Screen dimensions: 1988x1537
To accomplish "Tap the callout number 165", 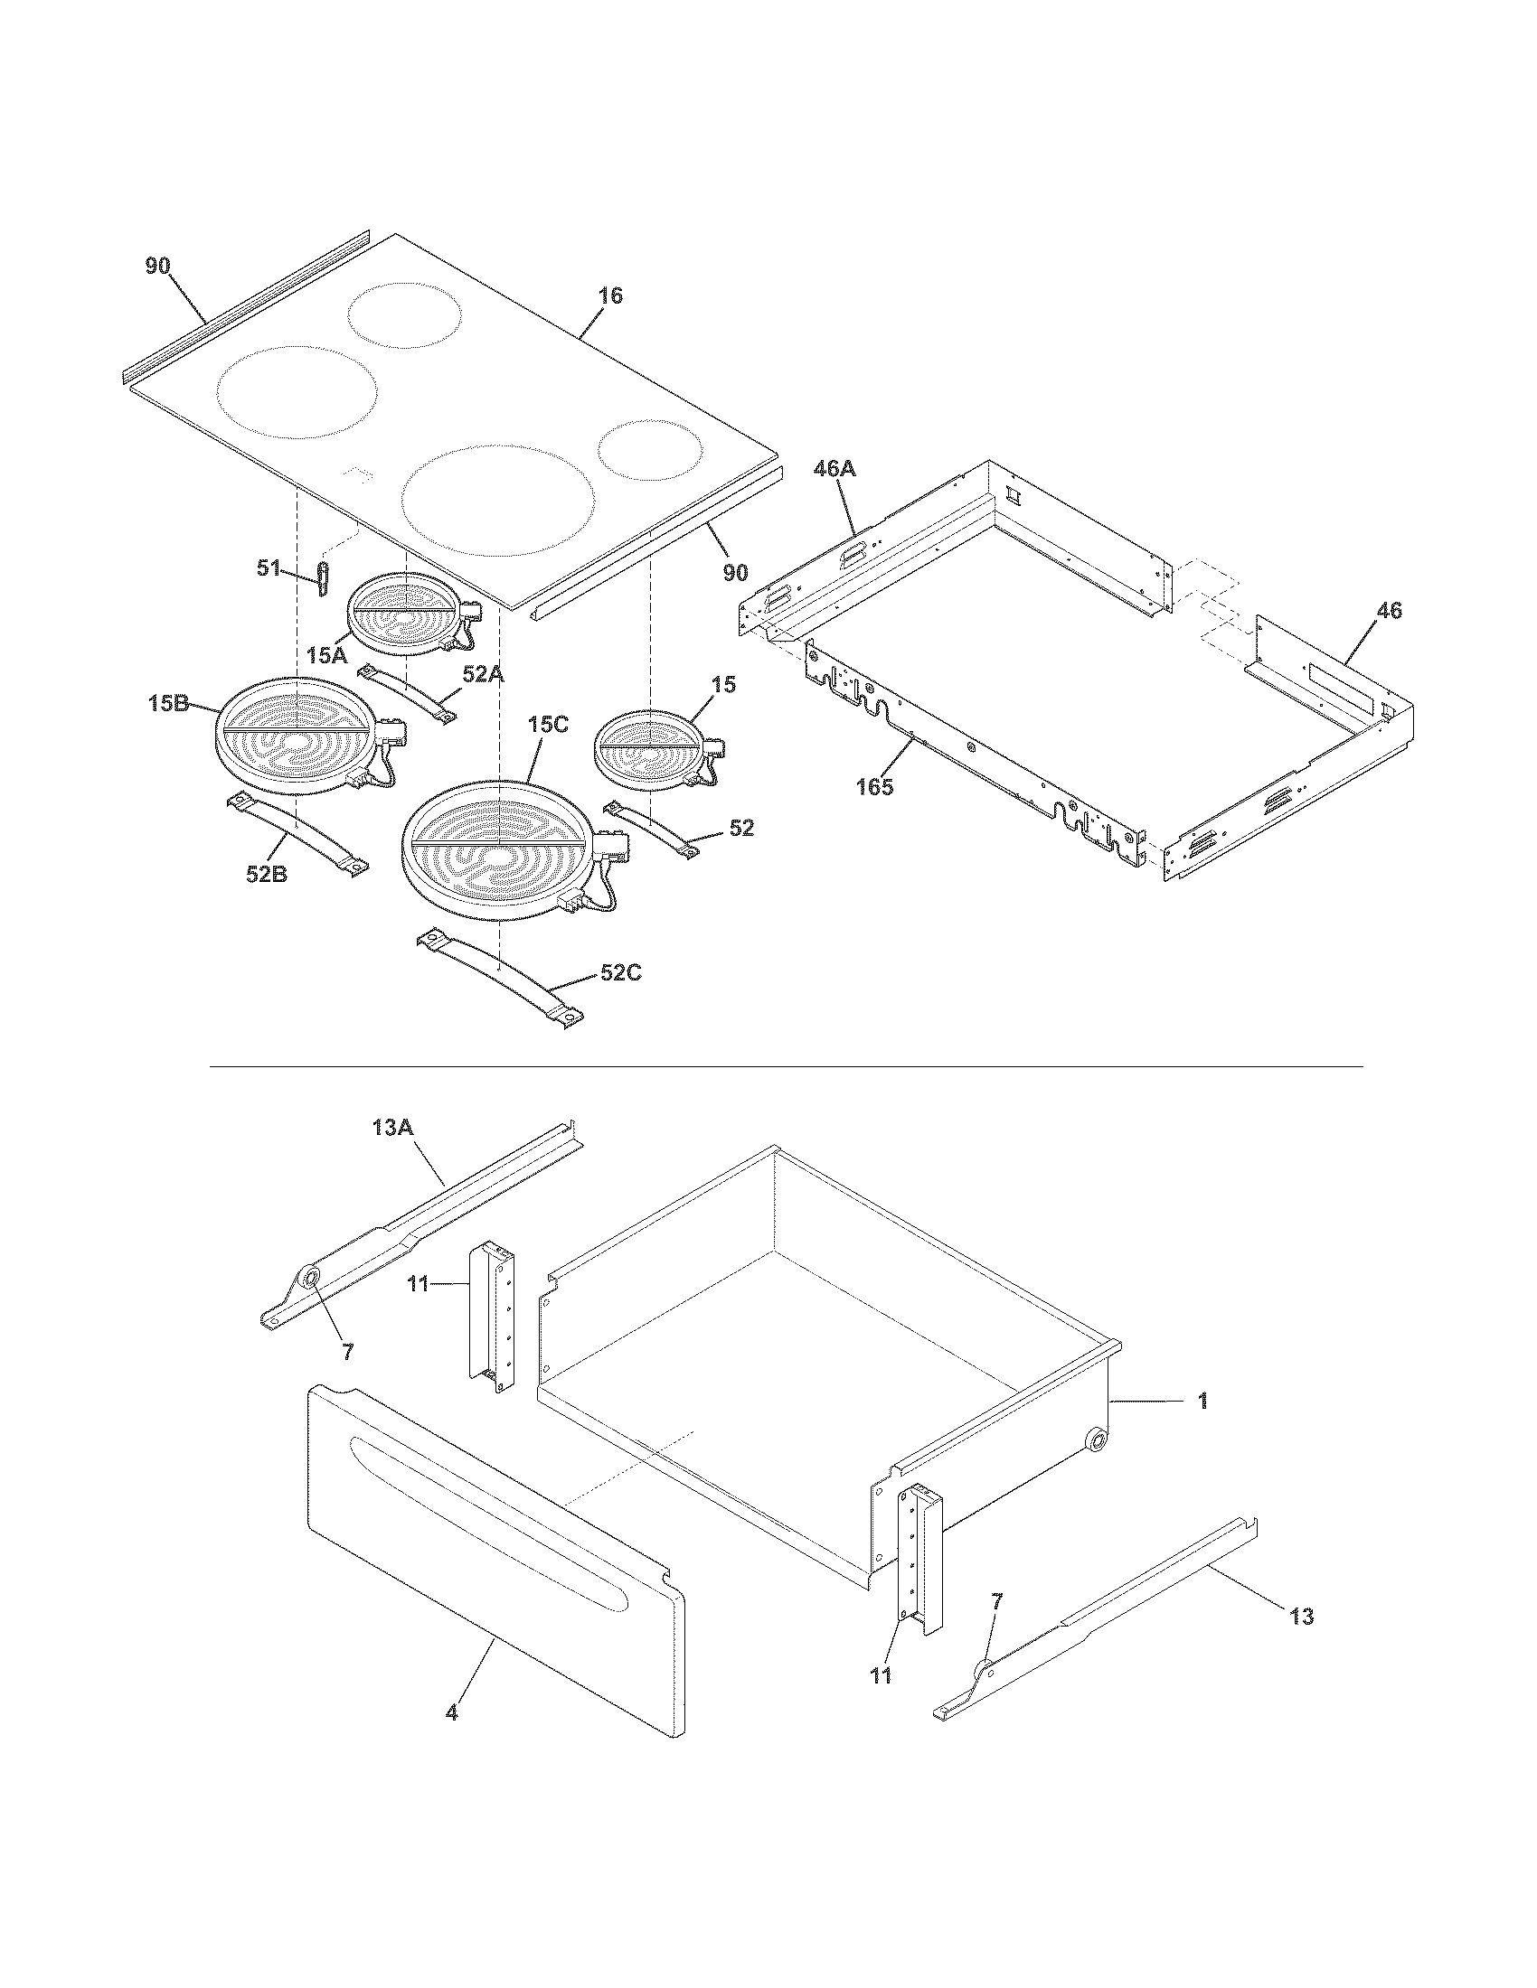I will pyautogui.click(x=874, y=785).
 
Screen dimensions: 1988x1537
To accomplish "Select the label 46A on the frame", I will pyautogui.click(x=835, y=470).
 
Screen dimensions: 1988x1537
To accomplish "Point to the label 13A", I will pyautogui.click(x=393, y=1127).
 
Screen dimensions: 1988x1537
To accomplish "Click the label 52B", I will pyautogui.click(x=267, y=874).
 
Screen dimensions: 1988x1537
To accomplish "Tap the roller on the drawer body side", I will pyautogui.click(x=1098, y=1440).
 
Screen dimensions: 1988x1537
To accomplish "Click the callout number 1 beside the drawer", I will pyautogui.click(x=1202, y=1401).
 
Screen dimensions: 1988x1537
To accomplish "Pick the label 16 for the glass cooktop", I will pyautogui.click(x=610, y=295).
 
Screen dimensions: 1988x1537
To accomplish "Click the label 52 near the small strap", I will pyautogui.click(x=741, y=828).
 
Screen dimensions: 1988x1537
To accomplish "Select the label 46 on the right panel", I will pyautogui.click(x=1389, y=611).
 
